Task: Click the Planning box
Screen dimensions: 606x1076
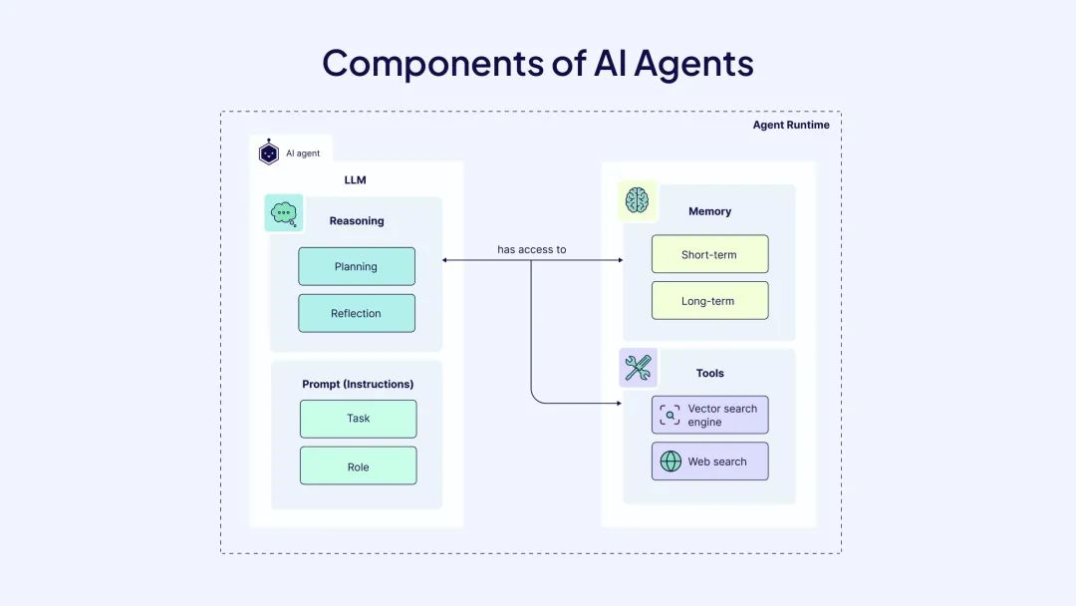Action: [357, 266]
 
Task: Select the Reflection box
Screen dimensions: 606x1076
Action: [357, 313]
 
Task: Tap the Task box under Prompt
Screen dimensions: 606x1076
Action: [359, 419]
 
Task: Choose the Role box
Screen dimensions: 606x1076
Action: [359, 465]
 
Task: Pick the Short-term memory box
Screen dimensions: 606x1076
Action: [709, 254]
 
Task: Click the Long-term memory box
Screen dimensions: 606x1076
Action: [709, 301]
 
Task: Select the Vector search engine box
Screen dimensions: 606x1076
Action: [709, 415]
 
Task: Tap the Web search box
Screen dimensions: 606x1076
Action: [709, 461]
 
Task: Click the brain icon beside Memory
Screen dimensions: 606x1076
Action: [637, 201]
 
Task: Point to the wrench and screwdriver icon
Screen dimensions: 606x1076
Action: [637, 369]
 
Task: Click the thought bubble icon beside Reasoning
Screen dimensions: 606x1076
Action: [284, 213]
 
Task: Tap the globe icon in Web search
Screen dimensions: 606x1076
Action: [671, 461]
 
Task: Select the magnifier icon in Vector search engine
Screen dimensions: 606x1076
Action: [671, 415]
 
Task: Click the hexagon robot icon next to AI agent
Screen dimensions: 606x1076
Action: [268, 152]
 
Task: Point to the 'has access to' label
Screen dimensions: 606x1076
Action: [532, 249]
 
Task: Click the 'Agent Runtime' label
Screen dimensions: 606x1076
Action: [791, 125]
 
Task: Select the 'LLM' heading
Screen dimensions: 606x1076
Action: [355, 180]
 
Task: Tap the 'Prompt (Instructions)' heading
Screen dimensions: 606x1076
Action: [358, 384]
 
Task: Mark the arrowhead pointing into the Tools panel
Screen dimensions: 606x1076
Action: [618, 404]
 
